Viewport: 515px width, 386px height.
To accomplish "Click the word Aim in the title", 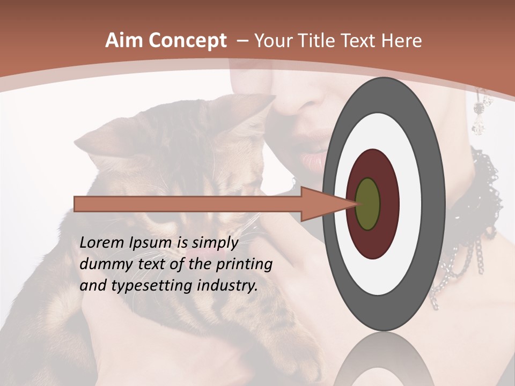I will (123, 41).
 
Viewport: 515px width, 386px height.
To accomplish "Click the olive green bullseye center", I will (368, 204).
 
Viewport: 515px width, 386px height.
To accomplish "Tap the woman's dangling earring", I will (479, 115).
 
